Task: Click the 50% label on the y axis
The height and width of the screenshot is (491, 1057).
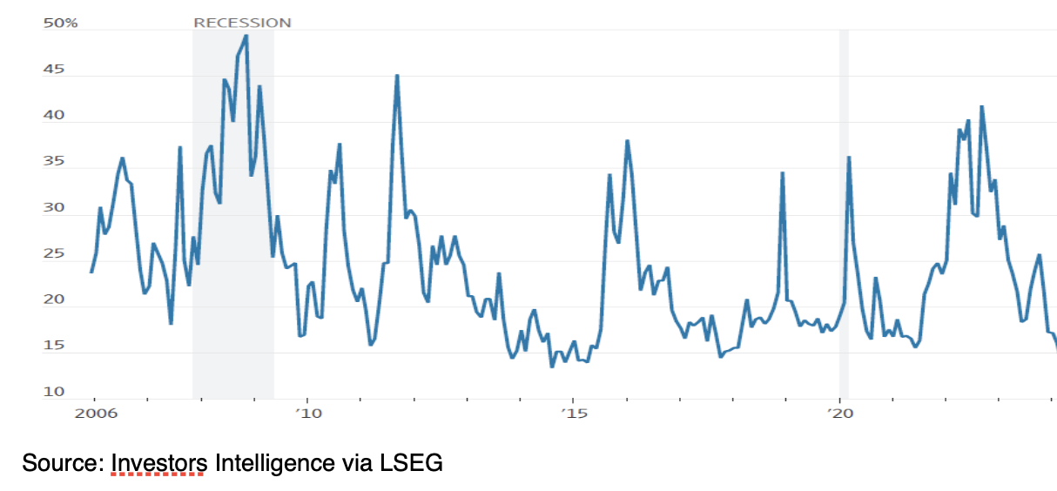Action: (x=60, y=23)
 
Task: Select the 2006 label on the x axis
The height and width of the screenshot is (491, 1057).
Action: (x=93, y=413)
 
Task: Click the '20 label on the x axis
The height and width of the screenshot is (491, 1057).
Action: (x=838, y=413)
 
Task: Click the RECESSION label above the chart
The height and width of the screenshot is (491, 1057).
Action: (x=242, y=23)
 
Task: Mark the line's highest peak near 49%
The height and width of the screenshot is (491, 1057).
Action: (x=246, y=36)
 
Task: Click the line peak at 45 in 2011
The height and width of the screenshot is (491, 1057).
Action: (x=397, y=76)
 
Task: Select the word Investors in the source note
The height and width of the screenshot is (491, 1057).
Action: (x=158, y=463)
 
